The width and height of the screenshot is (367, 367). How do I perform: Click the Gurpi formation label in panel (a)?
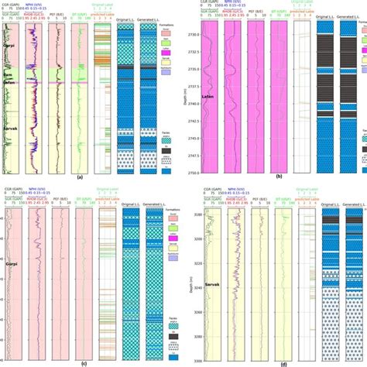tap(11, 37)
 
